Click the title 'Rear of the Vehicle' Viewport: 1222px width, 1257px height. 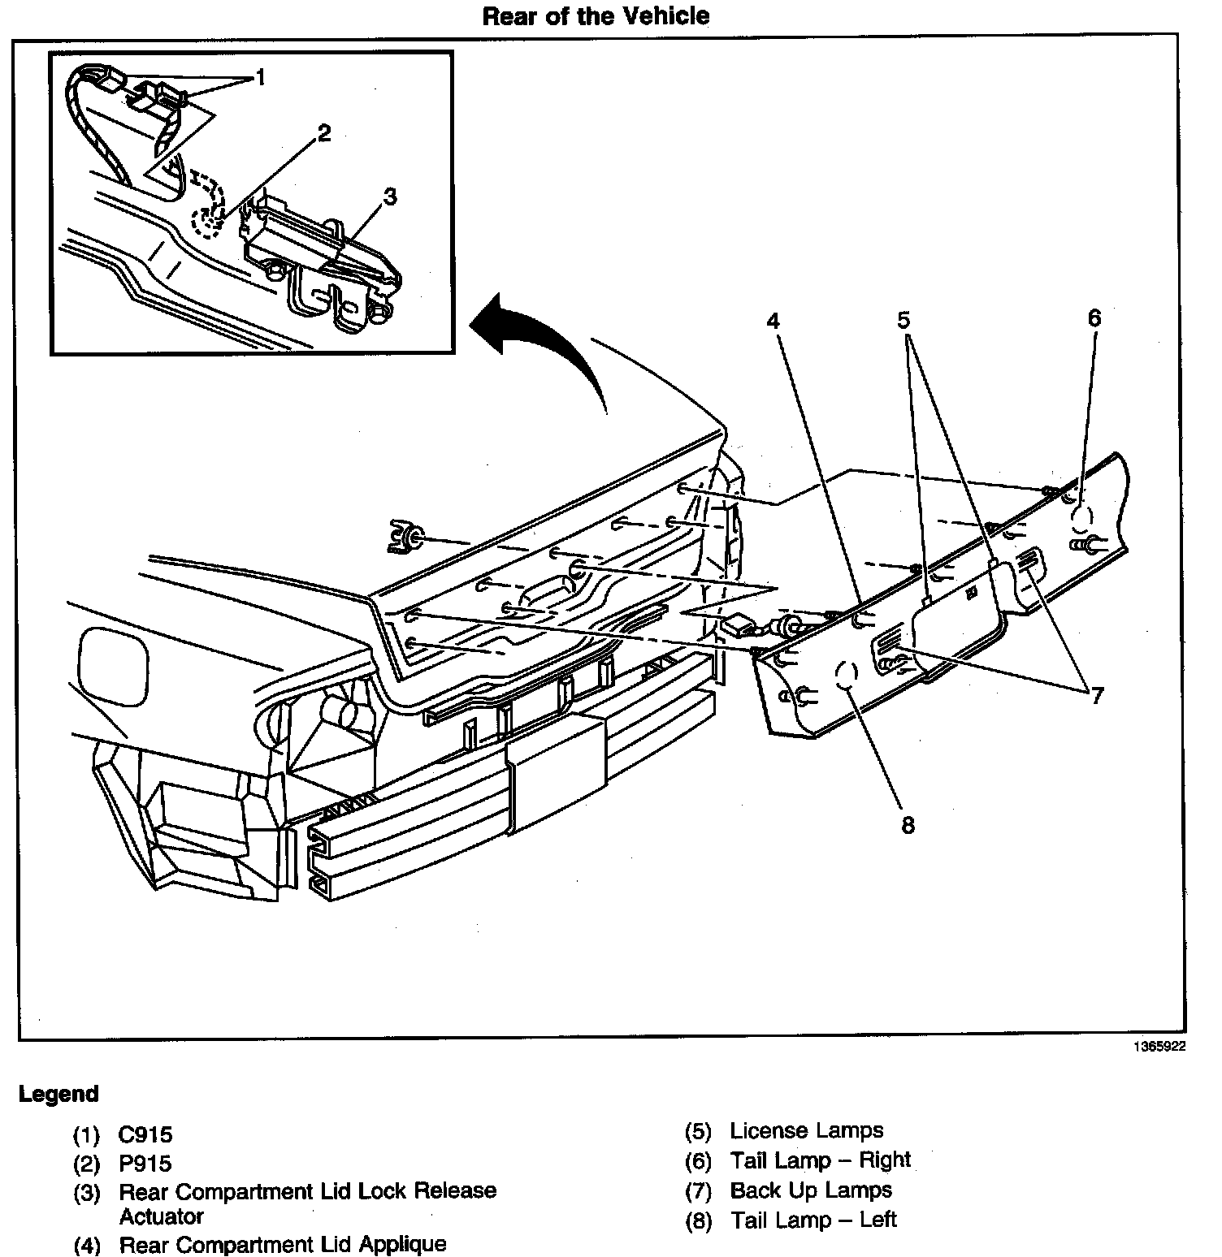click(596, 16)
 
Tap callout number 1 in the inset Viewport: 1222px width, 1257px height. click(260, 77)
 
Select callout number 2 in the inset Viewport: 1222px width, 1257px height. click(324, 133)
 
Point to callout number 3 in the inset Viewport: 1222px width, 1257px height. click(390, 197)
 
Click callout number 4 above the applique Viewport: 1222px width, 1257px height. click(773, 322)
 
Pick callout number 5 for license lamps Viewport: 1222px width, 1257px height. click(903, 320)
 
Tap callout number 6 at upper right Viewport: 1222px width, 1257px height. click(1094, 318)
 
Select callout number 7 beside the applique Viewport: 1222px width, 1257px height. click(1097, 695)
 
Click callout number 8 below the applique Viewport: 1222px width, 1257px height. click(908, 825)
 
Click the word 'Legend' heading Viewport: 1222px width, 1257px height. click(58, 1094)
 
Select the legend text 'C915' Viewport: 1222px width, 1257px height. click(145, 1134)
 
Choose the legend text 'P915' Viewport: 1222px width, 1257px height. click(145, 1164)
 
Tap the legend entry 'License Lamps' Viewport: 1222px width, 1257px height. click(806, 1130)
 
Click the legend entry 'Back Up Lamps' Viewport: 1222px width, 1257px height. click(811, 1190)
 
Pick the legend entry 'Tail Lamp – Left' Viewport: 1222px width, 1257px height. click(813, 1220)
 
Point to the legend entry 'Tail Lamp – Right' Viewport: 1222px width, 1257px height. click(820, 1160)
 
